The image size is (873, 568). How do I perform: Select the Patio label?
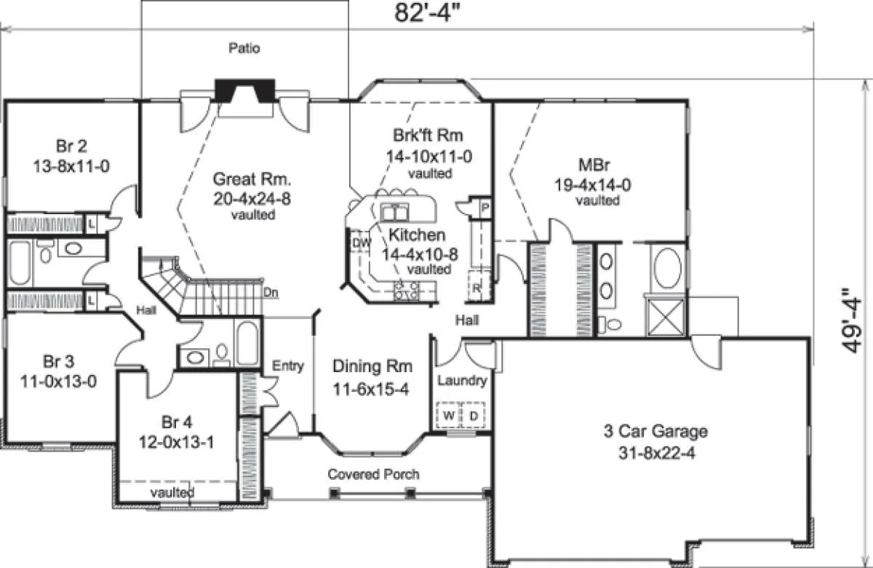point(244,48)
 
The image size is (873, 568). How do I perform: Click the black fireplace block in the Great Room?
point(245,90)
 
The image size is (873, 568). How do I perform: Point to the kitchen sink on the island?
point(394,212)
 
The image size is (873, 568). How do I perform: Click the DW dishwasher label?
point(362,242)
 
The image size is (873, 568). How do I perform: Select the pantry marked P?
point(485,207)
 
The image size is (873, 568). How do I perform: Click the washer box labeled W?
point(449,415)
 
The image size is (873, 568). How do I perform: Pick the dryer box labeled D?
point(474,415)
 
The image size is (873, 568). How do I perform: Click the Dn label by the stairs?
point(271,292)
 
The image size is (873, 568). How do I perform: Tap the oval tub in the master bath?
point(668,269)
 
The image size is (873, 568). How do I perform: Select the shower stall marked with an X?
point(666,317)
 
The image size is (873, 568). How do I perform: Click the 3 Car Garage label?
point(656,430)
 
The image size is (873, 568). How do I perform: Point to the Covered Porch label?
point(373,473)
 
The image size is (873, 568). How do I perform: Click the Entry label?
point(288,366)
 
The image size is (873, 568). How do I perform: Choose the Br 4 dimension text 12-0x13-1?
point(177,442)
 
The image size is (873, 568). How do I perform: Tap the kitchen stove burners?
point(407,291)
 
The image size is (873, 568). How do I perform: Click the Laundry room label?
point(462,380)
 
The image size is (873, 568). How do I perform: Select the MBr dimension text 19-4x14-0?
point(593,184)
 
